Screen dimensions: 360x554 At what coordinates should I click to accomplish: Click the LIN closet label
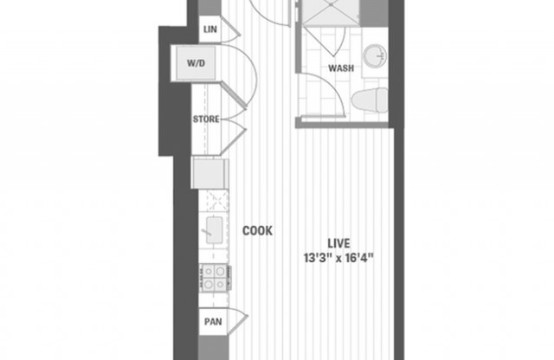point(209,29)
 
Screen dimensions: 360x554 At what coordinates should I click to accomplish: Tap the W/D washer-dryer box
point(195,62)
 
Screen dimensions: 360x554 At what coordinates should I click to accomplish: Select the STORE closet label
point(205,119)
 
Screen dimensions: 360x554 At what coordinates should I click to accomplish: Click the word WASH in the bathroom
point(339,67)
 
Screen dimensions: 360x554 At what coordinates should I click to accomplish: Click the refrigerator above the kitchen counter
point(210,172)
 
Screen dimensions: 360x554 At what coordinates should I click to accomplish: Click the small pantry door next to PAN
point(235,322)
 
